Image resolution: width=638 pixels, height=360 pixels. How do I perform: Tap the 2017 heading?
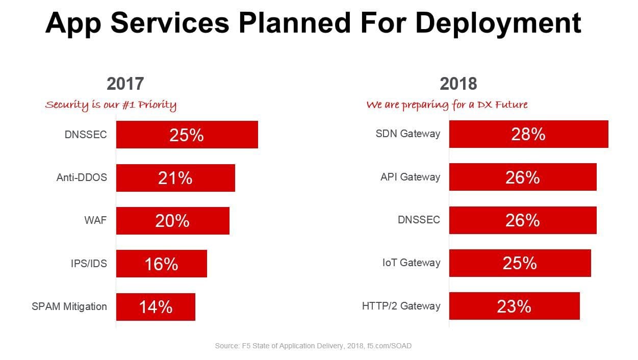tap(125, 84)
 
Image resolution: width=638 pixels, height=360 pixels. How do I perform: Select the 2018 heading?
tap(458, 84)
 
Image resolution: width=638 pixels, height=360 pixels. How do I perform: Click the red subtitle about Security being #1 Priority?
tap(111, 105)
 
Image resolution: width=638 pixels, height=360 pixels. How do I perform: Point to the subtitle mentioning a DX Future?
tap(447, 105)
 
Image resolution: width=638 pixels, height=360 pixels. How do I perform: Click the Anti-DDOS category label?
tap(82, 178)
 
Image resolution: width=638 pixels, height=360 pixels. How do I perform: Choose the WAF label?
tap(96, 221)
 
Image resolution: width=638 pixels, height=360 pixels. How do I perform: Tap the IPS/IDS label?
tap(89, 264)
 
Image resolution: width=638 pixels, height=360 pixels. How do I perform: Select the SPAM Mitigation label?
tap(69, 306)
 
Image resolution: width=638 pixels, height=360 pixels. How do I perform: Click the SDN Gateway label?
tap(407, 134)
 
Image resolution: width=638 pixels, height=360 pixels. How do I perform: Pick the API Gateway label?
tap(410, 177)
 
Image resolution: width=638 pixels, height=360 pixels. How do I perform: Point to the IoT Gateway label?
tap(411, 263)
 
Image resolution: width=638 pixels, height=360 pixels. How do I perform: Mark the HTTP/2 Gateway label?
tap(401, 306)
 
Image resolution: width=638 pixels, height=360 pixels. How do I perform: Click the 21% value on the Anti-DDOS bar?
tap(175, 178)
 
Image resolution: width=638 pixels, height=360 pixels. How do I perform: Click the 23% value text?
tap(514, 306)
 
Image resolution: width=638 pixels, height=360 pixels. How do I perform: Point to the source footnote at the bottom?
tap(313, 346)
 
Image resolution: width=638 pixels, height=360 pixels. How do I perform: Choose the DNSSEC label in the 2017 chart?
tap(86, 135)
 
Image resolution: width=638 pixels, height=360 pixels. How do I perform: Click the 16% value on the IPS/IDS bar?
tap(161, 264)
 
